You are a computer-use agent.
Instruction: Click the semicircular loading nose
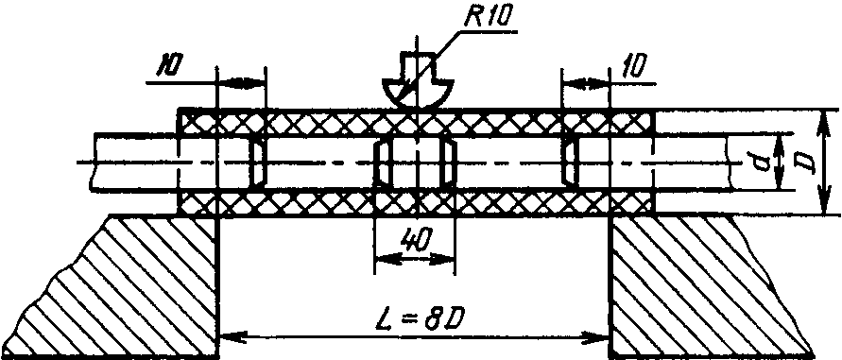[x=417, y=93]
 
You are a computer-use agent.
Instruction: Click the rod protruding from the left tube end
[x=135, y=162]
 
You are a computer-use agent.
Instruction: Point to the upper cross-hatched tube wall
[x=416, y=123]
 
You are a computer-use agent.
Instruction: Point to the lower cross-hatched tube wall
[x=416, y=202]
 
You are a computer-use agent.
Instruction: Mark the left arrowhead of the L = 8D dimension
[x=232, y=337]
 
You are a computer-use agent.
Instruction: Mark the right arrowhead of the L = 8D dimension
[x=597, y=337]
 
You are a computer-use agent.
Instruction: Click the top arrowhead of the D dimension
[x=823, y=121]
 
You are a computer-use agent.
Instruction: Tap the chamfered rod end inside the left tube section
[x=258, y=163]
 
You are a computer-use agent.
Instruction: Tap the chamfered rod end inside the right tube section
[x=570, y=163]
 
